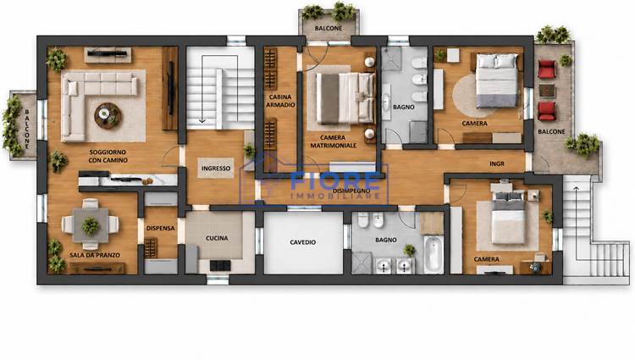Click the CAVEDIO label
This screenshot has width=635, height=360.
tap(303, 242)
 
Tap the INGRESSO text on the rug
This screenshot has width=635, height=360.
tap(216, 168)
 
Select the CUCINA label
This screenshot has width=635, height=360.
tap(217, 238)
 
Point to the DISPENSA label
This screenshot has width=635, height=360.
tap(160, 229)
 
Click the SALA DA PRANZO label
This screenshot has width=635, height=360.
tap(95, 255)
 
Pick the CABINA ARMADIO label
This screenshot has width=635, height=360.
tap(280, 101)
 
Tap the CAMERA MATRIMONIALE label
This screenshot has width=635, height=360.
tap(334, 141)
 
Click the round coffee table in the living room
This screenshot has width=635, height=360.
tap(108, 115)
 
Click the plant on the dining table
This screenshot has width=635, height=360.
tap(91, 225)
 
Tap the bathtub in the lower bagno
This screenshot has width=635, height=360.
tap(433, 254)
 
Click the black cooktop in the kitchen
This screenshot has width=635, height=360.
tap(220, 266)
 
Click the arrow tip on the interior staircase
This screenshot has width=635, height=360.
tap(202, 120)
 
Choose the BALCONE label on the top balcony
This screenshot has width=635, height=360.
tap(329, 28)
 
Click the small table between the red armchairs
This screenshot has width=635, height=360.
tap(547, 91)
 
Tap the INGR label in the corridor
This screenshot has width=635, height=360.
tap(497, 163)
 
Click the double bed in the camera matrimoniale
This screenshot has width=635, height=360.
tap(345, 98)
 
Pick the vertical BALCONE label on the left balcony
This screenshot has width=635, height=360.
tap(27, 128)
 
